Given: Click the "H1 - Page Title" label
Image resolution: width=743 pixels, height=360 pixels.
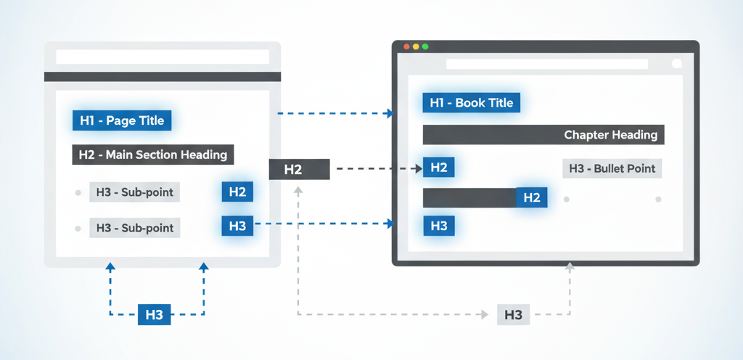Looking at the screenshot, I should (122, 120).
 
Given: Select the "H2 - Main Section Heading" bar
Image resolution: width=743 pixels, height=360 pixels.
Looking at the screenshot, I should (152, 154).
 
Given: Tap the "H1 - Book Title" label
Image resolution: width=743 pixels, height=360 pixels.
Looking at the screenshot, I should (472, 103).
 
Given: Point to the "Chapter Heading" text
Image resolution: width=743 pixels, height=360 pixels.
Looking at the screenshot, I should (610, 134).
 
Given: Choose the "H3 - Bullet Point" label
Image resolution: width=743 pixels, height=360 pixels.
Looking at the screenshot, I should (612, 168).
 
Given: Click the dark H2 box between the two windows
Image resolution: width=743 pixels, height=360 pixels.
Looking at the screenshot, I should (299, 170).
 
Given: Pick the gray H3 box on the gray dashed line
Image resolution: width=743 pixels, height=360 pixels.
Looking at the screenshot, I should (513, 315).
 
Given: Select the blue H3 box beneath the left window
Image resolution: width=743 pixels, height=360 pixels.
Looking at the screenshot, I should (154, 314).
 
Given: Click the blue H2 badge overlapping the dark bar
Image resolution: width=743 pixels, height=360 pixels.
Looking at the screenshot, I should (532, 197).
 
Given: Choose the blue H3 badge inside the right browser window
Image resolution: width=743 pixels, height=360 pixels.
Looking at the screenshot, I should (439, 226).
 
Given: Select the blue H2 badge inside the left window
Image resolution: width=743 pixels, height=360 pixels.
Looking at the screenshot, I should (237, 192).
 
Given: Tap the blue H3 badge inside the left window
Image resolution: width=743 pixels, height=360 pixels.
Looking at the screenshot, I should (237, 226).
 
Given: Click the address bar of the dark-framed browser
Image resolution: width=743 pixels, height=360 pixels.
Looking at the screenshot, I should (546, 64).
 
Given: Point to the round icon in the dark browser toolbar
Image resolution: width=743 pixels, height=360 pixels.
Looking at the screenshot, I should (678, 64).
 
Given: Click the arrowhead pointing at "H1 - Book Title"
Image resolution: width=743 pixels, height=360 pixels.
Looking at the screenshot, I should (390, 113).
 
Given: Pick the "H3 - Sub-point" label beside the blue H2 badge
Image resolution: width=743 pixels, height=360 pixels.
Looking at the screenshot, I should (135, 192).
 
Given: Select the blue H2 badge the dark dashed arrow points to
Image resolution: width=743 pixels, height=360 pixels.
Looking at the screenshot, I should (439, 168).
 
